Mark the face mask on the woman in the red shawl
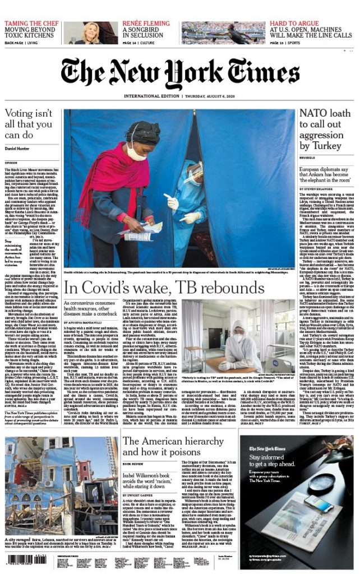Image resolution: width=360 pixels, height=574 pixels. tap(136, 150)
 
